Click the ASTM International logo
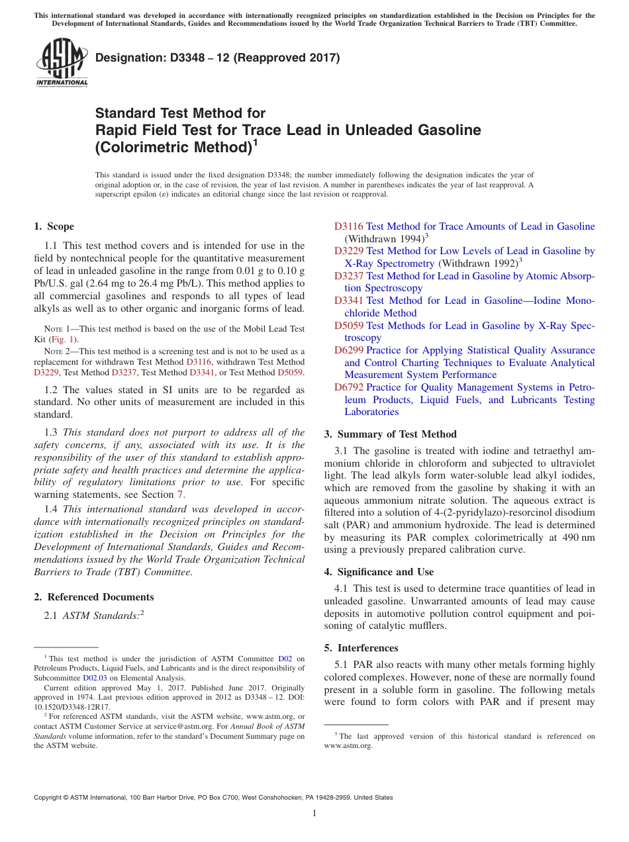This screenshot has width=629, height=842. click(x=61, y=62)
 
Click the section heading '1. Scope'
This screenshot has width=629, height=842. click(x=54, y=226)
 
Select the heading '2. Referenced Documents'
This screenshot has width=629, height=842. click(x=93, y=597)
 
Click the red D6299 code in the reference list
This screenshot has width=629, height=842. click(x=349, y=350)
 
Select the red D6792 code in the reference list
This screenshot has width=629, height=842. click(x=349, y=387)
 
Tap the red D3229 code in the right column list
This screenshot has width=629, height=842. click(x=349, y=251)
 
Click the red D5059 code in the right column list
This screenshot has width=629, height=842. click(x=349, y=326)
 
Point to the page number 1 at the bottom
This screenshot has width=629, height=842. click(x=314, y=814)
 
